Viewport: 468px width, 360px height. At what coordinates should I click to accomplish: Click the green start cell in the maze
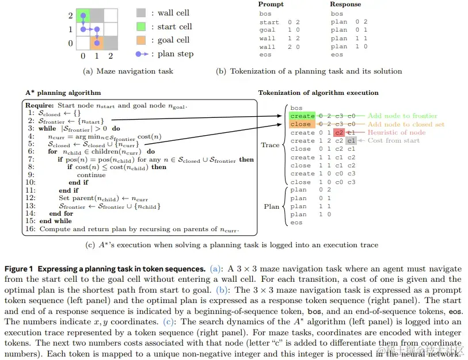pyautogui.click(x=83, y=16)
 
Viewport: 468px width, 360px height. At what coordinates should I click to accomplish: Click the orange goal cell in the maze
pyautogui.click(x=97, y=43)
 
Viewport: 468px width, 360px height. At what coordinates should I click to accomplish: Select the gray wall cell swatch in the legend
pyautogui.click(x=142, y=13)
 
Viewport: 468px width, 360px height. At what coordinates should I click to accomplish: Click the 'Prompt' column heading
pyautogui.click(x=271, y=5)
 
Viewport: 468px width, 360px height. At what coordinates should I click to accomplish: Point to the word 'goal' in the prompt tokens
pyautogui.click(x=267, y=30)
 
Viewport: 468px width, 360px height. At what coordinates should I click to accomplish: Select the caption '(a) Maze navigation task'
pyautogui.click(x=128, y=71)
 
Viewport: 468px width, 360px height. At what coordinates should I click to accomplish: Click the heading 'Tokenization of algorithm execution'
pyautogui.click(x=318, y=93)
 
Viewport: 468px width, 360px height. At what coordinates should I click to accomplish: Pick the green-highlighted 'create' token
pyautogui.click(x=302, y=116)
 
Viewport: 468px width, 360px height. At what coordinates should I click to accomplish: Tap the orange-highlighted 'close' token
pyautogui.click(x=300, y=124)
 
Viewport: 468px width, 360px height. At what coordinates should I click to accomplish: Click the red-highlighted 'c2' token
pyautogui.click(x=340, y=133)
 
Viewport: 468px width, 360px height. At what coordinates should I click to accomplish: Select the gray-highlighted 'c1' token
pyautogui.click(x=351, y=141)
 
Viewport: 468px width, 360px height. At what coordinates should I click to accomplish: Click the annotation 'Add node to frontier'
pyautogui.click(x=402, y=116)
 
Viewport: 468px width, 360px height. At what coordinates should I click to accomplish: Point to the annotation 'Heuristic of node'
pyautogui.click(x=397, y=133)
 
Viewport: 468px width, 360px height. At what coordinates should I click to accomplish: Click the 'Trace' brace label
pyautogui.click(x=270, y=145)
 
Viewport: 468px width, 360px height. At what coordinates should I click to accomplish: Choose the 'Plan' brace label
pyautogui.click(x=272, y=206)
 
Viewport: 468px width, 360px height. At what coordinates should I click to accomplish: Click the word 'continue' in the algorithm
pyautogui.click(x=91, y=175)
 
